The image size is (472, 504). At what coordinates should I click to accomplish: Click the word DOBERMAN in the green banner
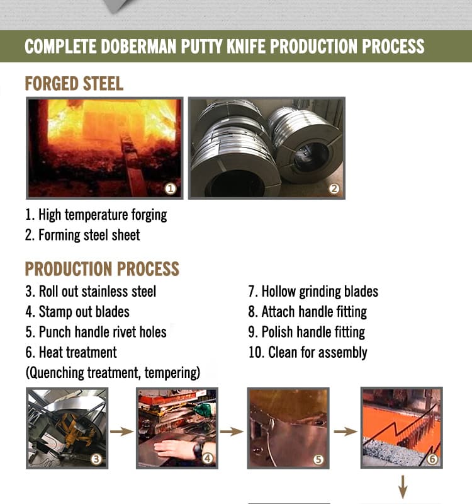pos(138,46)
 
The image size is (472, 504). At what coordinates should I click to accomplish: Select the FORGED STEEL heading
pos(74,84)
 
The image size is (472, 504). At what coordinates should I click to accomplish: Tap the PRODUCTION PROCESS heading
pos(102,269)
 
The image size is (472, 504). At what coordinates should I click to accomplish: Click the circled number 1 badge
pos(171,188)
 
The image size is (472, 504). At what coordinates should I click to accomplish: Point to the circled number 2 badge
pos(334,188)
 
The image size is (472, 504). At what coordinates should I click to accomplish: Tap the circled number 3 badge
pos(96,459)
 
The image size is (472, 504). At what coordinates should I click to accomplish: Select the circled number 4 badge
pos(208,459)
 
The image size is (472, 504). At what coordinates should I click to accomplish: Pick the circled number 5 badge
pos(318,459)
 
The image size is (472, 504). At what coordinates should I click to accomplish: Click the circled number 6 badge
pos(432,459)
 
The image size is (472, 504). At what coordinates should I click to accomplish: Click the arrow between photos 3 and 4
pos(122,432)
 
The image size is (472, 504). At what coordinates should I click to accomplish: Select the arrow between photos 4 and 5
pos(232,432)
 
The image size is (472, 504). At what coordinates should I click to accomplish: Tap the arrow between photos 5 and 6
pos(346,432)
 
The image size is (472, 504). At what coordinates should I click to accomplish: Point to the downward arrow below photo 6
pos(403,487)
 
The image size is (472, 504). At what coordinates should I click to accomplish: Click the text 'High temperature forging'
pos(103,215)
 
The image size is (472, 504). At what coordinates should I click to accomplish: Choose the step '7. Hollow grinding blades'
pos(313,292)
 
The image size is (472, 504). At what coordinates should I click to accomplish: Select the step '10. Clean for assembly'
pos(308,353)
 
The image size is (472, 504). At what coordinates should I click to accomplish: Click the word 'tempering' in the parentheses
pos(172,373)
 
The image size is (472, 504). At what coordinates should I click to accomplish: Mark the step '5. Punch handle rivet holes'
pos(96,332)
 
